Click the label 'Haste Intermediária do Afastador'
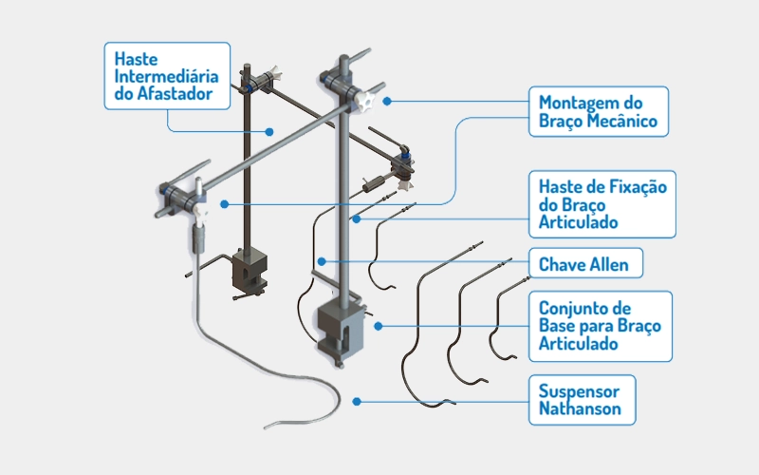coord(166,75)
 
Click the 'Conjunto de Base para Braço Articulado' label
coord(600,326)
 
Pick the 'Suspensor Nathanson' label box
coord(582,399)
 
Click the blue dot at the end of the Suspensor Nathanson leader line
coord(358,401)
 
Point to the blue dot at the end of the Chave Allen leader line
coord(323,261)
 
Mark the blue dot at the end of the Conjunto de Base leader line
coord(378,326)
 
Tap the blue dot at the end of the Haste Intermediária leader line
coord(269,131)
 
